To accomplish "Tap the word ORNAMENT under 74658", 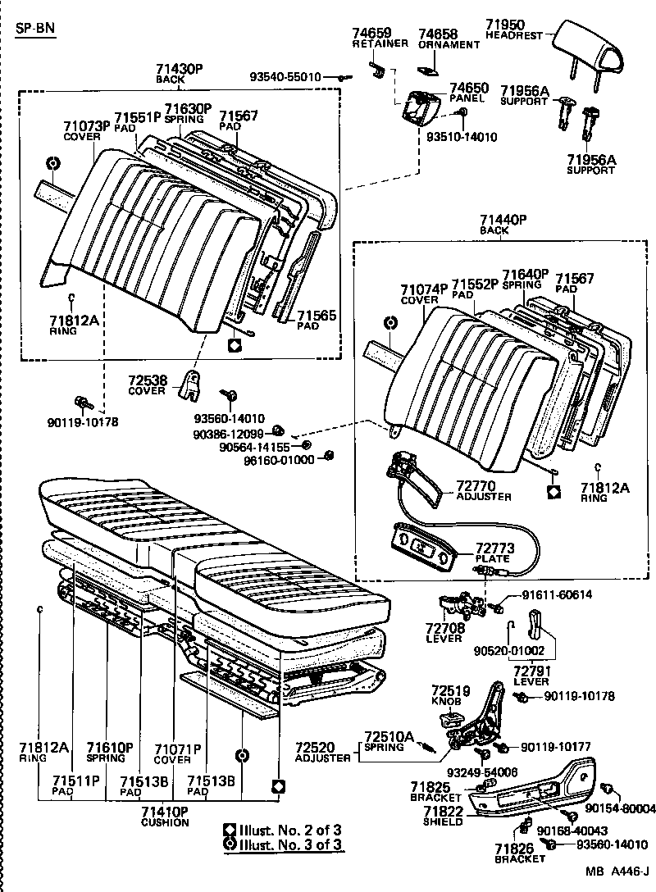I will coord(449,44).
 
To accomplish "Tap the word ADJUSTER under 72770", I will coord(483,497).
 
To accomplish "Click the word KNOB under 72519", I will coord(446,702).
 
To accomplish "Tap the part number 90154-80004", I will coord(622,808).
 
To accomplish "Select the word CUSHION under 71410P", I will coord(165,822).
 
